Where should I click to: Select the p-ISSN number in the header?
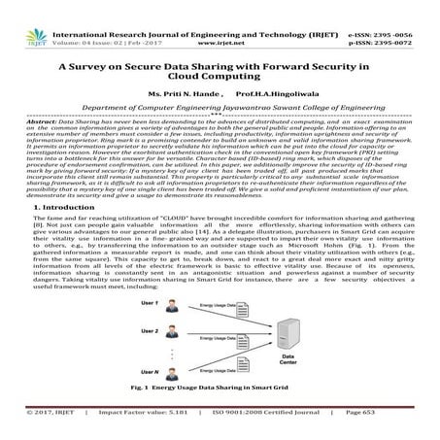point(401,17)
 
